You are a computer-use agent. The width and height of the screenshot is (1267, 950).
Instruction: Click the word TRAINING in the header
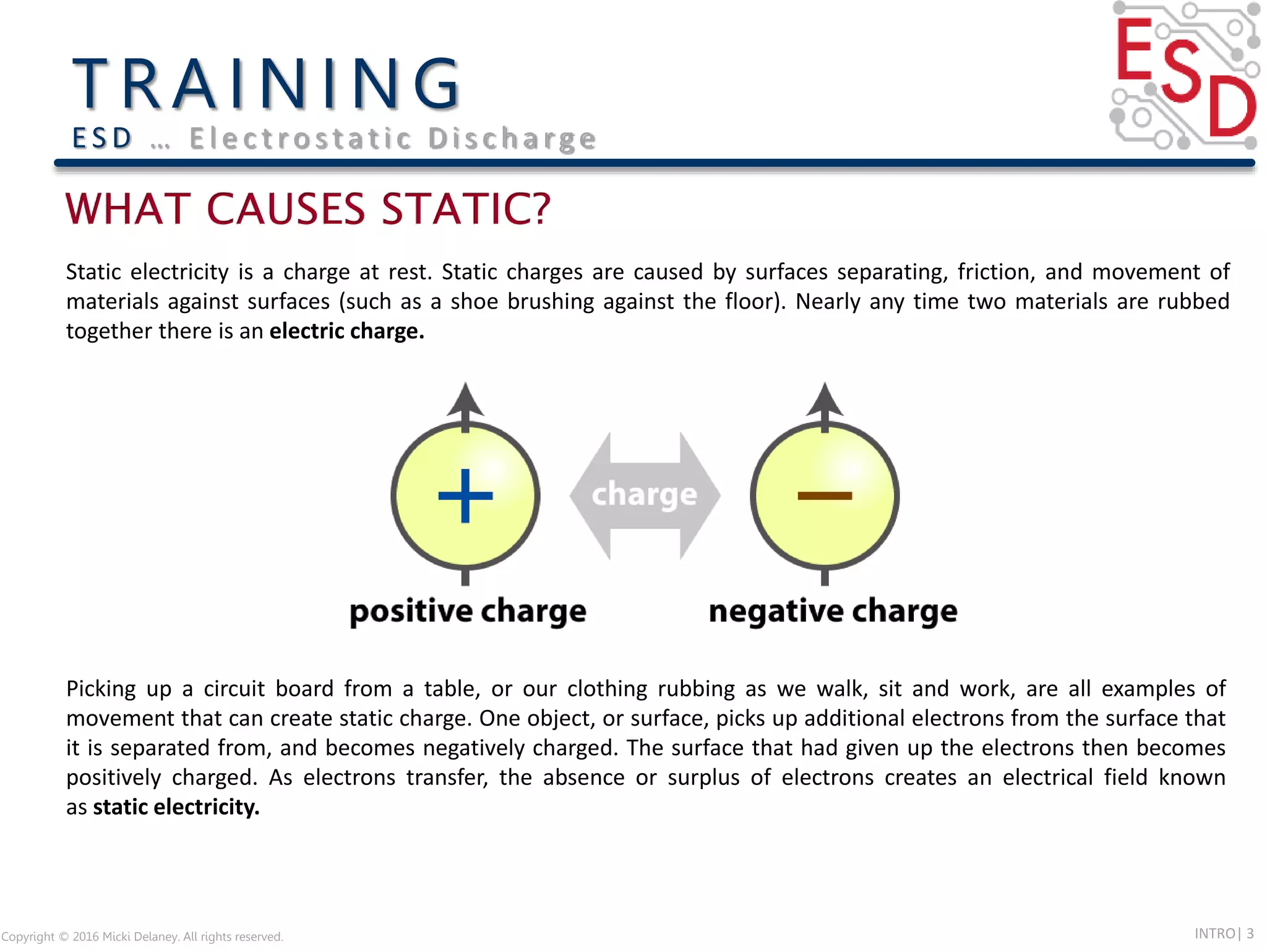point(266,83)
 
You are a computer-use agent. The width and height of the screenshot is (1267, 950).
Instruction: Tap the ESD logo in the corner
point(1185,75)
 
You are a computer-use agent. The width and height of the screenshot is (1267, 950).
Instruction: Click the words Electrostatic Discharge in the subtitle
point(393,139)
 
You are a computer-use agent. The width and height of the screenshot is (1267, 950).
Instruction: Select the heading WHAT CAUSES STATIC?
point(308,208)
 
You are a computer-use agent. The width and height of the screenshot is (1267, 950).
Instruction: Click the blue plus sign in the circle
point(465,495)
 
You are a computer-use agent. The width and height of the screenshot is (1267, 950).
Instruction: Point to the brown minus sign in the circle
point(825,495)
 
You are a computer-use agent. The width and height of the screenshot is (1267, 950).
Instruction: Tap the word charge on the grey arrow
point(645,494)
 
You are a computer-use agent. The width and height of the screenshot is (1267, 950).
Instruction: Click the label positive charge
point(468,611)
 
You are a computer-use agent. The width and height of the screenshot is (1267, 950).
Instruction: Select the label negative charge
point(833,611)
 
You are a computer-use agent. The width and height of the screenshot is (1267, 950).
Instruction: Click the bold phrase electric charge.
point(346,332)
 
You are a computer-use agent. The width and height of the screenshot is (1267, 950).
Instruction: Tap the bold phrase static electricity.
point(176,807)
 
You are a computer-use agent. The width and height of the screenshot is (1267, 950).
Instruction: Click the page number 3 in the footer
point(1250,933)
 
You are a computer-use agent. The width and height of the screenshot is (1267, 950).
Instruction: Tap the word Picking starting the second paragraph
point(101,689)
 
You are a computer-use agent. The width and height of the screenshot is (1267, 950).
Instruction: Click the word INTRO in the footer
point(1214,933)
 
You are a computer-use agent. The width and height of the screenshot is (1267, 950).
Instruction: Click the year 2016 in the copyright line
point(85,936)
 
